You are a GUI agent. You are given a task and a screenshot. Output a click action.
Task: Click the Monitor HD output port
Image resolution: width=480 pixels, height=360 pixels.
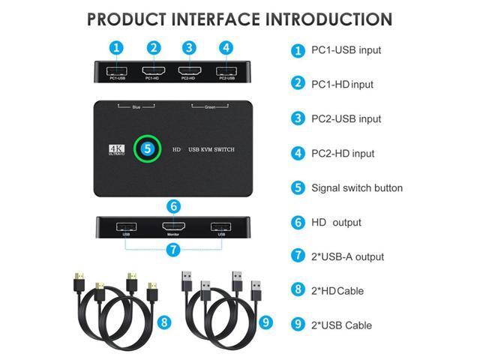[x=173, y=227]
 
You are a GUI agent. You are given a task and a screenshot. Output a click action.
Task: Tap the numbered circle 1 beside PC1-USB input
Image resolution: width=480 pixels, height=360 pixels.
[x=298, y=50]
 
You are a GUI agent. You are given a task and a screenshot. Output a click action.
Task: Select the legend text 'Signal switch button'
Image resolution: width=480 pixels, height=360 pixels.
[x=357, y=187]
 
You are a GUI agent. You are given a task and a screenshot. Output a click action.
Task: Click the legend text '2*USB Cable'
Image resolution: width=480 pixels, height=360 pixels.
[x=341, y=325]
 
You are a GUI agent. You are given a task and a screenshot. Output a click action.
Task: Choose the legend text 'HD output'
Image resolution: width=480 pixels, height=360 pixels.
[x=336, y=222]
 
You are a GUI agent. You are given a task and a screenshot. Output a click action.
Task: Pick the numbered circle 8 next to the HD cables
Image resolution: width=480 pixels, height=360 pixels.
[x=165, y=323]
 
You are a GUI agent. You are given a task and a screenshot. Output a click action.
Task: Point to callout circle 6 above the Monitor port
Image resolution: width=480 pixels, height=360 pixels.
[x=173, y=205]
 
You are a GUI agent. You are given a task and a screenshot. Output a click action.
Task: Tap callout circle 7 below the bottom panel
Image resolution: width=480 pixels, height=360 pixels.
[x=173, y=249]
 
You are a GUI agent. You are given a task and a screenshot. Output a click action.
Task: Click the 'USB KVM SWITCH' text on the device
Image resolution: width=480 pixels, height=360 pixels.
[x=211, y=150]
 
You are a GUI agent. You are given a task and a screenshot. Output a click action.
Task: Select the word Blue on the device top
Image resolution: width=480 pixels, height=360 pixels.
[x=136, y=107]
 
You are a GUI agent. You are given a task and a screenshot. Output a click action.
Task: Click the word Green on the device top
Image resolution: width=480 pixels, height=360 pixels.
[x=211, y=107]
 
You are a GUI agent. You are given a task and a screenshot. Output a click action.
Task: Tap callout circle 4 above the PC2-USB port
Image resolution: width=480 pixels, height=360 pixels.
[x=225, y=47]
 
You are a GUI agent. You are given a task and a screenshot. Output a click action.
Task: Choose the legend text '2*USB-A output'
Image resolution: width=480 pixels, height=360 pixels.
[x=347, y=256]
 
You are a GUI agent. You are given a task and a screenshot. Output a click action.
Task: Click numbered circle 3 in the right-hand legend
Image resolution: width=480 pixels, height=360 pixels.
[x=298, y=118]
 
